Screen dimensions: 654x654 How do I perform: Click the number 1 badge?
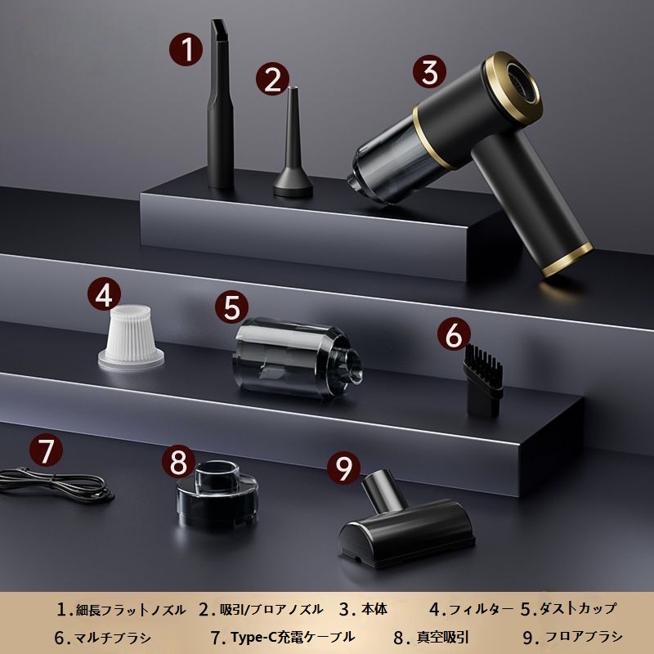186,50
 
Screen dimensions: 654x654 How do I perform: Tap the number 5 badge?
232,307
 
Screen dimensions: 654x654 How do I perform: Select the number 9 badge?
343,468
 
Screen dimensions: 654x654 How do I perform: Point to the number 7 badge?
46,450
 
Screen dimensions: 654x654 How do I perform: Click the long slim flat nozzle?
220,105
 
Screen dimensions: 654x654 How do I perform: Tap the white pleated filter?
131,338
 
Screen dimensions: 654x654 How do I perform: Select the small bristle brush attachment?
483,379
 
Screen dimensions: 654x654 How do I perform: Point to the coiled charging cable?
56,485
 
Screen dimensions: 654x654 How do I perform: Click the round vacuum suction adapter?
217,494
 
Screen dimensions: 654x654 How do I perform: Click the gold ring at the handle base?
568,259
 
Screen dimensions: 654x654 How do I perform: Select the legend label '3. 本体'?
363,609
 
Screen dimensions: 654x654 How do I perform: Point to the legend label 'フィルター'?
481,610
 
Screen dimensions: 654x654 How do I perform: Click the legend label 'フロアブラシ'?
584,637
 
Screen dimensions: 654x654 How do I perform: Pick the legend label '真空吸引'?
442,638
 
